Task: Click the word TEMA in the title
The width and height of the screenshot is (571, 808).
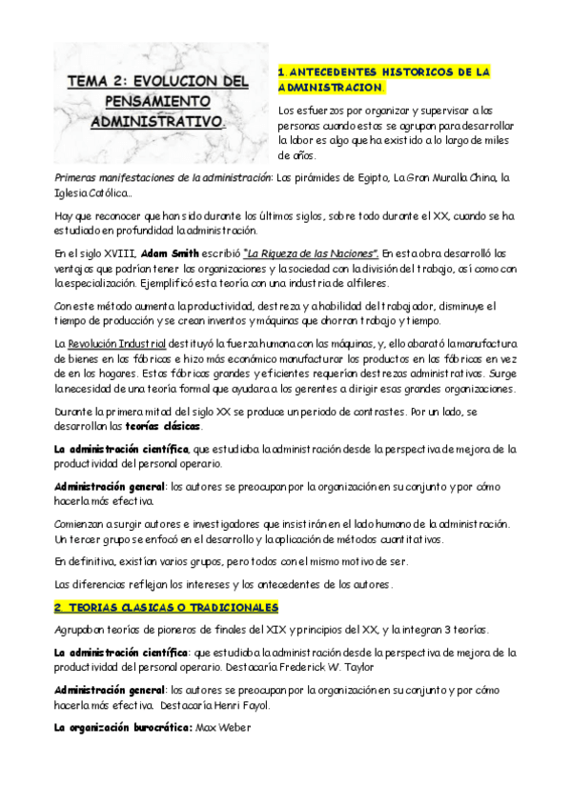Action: click(88, 82)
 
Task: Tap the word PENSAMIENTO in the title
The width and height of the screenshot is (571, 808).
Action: click(154, 102)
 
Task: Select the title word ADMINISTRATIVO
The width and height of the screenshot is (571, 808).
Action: click(157, 123)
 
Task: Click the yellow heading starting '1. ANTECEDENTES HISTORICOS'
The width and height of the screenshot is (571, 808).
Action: click(383, 79)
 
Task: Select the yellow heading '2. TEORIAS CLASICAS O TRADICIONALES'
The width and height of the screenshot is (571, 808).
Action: click(166, 607)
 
